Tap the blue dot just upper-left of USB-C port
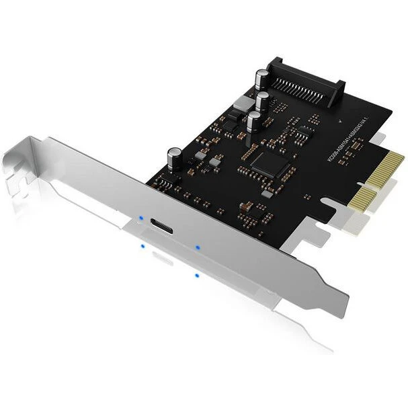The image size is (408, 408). point(140,217)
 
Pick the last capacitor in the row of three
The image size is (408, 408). point(255,122)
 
